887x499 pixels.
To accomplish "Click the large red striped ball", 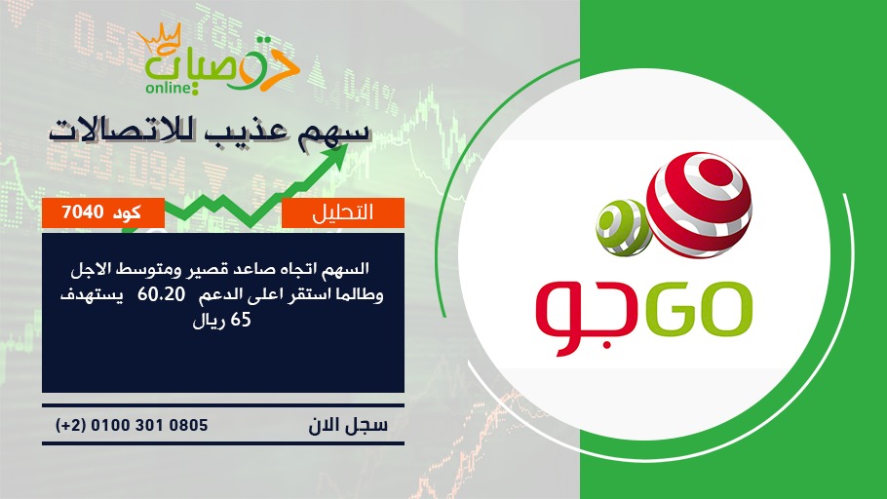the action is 699,205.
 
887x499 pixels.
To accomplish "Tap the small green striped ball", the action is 624,227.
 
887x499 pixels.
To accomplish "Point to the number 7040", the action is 83,212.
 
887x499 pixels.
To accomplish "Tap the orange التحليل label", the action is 343,212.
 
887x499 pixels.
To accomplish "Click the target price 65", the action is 241,321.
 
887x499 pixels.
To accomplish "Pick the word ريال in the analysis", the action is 209,322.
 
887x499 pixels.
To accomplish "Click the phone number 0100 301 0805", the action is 149,425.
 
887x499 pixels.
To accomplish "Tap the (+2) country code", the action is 71,426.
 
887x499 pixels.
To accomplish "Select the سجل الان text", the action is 348,425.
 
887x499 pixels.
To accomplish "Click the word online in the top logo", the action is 168,88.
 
